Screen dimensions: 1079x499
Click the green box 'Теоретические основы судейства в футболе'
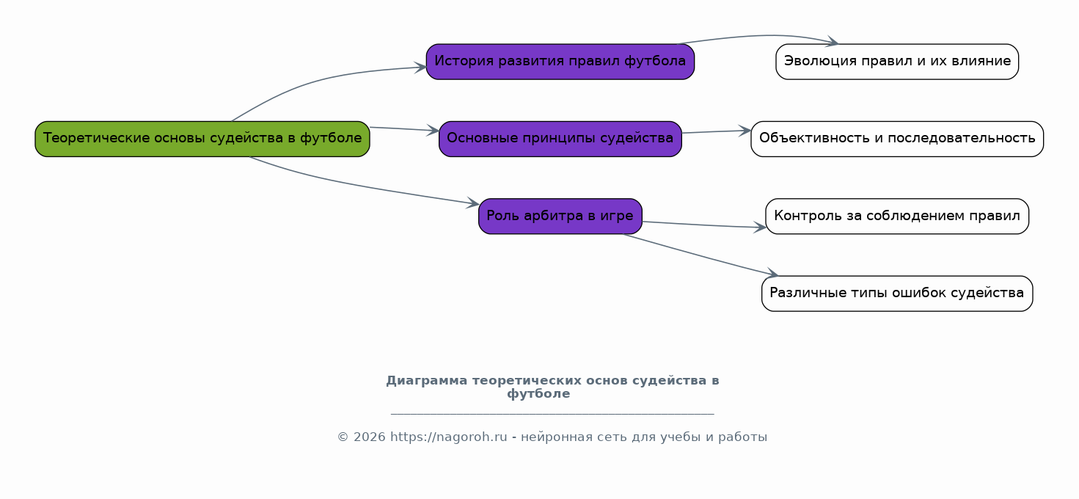pyautogui.click(x=202, y=139)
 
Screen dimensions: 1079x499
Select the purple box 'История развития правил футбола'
pyautogui.click(x=560, y=62)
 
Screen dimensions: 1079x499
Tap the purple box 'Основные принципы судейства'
pyautogui.click(x=560, y=139)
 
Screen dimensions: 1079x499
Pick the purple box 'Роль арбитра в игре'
pyautogui.click(x=560, y=216)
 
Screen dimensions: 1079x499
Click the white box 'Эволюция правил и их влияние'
pyautogui.click(x=897, y=62)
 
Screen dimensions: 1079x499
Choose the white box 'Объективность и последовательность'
pyautogui.click(x=897, y=139)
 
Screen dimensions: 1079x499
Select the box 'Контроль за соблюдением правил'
pyautogui.click(x=897, y=216)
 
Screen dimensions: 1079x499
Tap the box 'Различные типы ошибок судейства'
pyautogui.click(x=897, y=294)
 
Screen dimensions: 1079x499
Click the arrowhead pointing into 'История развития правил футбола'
pyautogui.click(x=420, y=68)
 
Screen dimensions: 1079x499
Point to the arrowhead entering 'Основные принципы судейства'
pyautogui.click(x=433, y=130)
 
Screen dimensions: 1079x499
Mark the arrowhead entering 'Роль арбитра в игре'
pyautogui.click(x=472, y=203)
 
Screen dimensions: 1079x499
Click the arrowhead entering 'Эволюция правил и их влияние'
pyautogui.click(x=833, y=42)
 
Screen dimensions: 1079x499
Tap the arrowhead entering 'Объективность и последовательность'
pyautogui.click(x=745, y=130)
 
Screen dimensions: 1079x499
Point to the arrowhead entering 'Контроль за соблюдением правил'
pyautogui.click(x=760, y=227)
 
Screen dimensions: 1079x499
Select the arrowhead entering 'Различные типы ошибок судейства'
pyautogui.click(x=772, y=274)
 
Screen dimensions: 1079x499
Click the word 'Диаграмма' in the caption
pyautogui.click(x=426, y=380)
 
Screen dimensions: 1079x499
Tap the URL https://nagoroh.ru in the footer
pyautogui.click(x=448, y=437)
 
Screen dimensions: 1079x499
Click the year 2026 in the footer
pyautogui.click(x=369, y=437)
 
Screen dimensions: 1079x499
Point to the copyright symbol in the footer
pyautogui.click(x=343, y=437)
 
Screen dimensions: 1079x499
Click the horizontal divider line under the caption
pyautogui.click(x=552, y=414)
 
